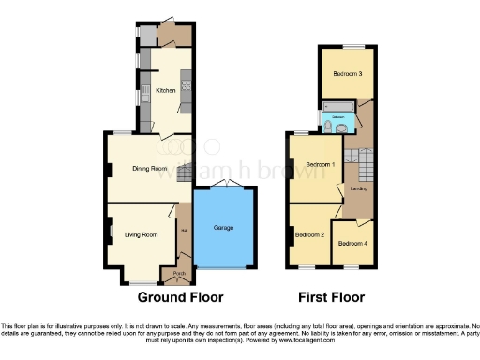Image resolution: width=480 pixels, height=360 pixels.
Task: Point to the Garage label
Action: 223,228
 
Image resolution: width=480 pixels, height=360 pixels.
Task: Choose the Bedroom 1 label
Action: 320,166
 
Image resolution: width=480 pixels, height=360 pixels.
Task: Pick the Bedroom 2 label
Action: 308,234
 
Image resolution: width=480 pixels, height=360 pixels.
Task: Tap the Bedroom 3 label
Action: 347,73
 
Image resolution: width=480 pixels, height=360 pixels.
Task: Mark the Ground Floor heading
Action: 180,298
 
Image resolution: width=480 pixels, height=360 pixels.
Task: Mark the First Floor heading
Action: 332,298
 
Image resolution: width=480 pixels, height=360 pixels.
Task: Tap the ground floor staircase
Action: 186,172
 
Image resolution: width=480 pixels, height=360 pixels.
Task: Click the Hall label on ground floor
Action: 185,230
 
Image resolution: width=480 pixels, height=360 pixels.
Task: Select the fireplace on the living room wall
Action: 111,230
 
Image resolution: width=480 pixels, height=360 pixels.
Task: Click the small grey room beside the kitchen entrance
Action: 148,35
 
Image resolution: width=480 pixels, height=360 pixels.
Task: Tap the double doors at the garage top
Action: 222,183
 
